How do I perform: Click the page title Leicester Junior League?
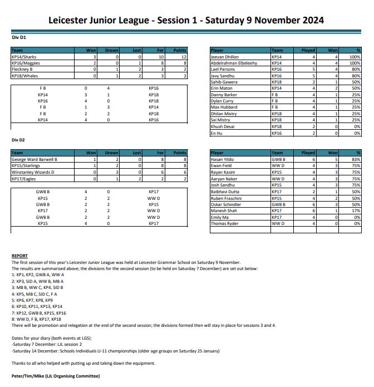[x=186, y=21]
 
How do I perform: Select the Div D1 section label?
[x=19, y=38]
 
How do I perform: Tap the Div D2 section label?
[x=19, y=140]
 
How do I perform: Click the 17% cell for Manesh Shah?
[x=355, y=210]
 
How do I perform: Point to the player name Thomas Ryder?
[x=224, y=223]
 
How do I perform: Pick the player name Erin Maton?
[x=221, y=88]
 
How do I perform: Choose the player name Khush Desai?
[x=223, y=126]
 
